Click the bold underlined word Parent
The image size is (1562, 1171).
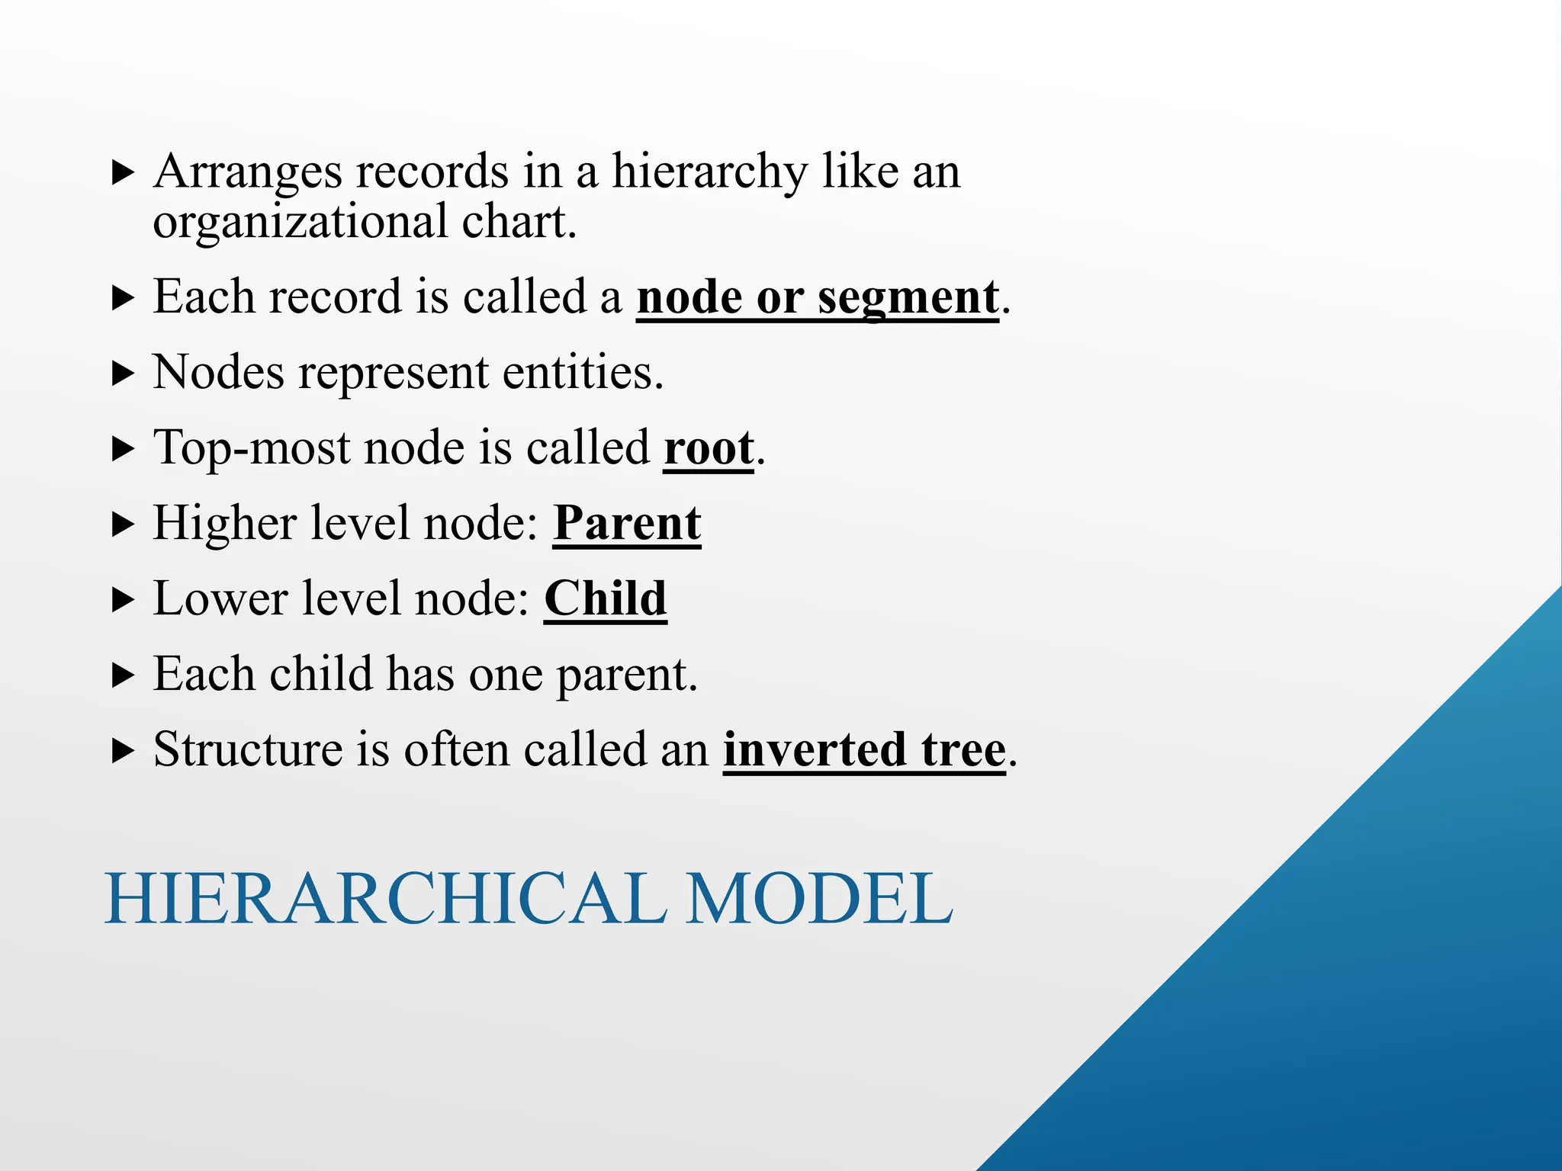click(x=627, y=524)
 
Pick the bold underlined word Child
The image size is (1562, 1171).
click(x=606, y=598)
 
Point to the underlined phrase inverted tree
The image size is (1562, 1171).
click(x=864, y=750)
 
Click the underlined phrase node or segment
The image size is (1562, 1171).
click(x=818, y=297)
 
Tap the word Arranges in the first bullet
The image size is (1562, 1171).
click(x=247, y=172)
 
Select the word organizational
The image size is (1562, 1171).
click(x=301, y=223)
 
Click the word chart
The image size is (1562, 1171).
click(x=519, y=223)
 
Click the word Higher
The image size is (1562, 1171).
click(x=224, y=524)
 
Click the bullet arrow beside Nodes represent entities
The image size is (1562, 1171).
click(x=123, y=374)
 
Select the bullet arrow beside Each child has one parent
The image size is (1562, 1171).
click(x=123, y=675)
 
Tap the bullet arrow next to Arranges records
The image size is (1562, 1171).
click(x=123, y=173)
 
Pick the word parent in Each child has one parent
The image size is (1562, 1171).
click(x=626, y=675)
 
